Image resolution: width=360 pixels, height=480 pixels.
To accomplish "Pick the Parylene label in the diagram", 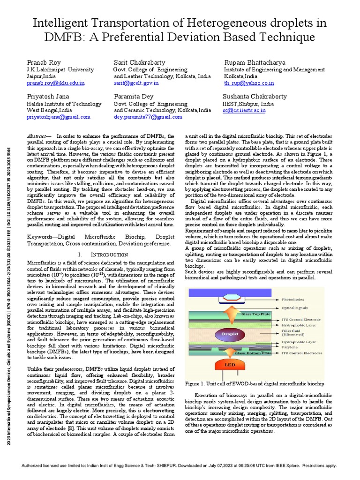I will (x=290, y=347).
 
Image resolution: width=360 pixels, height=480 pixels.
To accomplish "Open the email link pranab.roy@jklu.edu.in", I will (x=56, y=83).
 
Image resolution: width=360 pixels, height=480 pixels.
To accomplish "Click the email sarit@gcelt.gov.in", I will (x=136, y=83).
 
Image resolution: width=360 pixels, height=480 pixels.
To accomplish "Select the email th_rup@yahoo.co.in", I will (x=249, y=83).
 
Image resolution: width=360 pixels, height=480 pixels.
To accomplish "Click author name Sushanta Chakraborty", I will (x=262, y=97).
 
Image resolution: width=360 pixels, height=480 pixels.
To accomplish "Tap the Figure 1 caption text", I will (x=254, y=383).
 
